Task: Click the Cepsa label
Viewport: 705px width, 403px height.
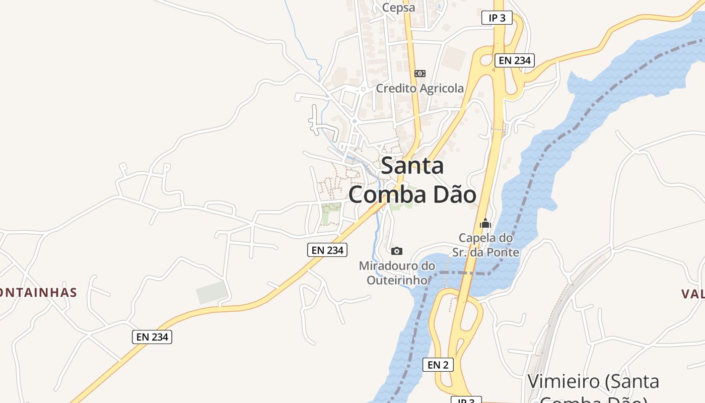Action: click(x=398, y=8)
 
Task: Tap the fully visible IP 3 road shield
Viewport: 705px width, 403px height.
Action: click(x=497, y=18)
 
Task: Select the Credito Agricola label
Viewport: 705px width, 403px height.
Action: click(x=419, y=88)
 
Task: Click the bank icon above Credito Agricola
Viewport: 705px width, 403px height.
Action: click(x=419, y=74)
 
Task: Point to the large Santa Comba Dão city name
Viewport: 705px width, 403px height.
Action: click(x=412, y=180)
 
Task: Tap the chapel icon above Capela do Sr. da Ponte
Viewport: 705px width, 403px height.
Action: click(x=485, y=223)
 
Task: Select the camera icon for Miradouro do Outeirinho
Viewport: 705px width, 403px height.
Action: click(x=397, y=251)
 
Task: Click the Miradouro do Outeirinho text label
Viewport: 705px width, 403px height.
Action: click(x=397, y=273)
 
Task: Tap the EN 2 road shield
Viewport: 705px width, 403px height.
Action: click(x=438, y=365)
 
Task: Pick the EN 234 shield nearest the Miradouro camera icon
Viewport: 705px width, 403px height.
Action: click(x=327, y=250)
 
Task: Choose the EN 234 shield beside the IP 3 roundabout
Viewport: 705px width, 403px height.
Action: click(x=514, y=60)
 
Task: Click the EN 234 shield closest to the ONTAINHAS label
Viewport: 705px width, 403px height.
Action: click(x=152, y=337)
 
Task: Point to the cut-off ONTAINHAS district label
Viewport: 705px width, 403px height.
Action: click(x=38, y=293)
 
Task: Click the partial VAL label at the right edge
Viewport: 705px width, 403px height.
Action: click(x=694, y=294)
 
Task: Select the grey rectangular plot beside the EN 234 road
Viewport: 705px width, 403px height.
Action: click(x=211, y=293)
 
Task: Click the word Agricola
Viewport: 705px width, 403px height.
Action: click(x=442, y=88)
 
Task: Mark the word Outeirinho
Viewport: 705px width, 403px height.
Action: click(x=397, y=280)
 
